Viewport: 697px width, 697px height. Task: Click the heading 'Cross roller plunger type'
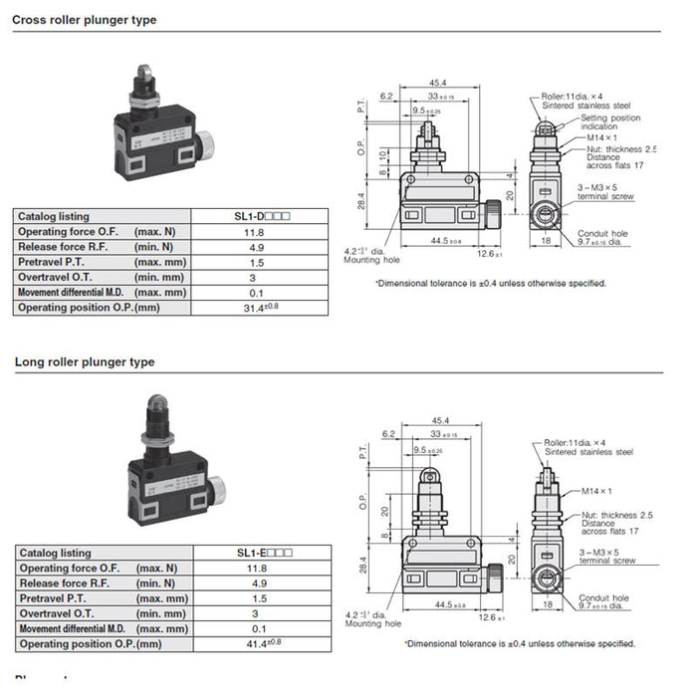click(85, 20)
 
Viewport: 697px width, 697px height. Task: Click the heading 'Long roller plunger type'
click(85, 362)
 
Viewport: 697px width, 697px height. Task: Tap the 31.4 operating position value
click(263, 308)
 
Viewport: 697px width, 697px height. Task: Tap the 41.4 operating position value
click(263, 644)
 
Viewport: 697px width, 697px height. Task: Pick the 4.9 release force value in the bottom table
click(259, 583)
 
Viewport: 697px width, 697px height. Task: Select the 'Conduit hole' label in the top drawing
click(599, 234)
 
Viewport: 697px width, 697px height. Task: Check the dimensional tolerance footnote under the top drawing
click(490, 283)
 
